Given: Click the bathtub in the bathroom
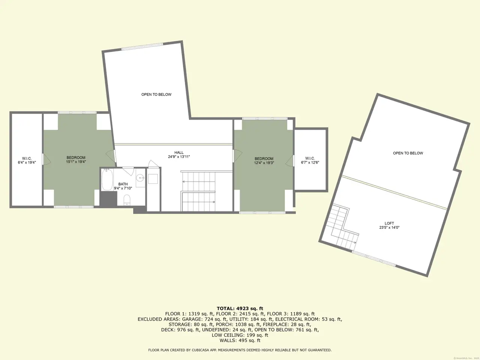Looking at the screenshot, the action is click(x=107, y=180).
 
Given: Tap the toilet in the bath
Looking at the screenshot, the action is click(x=127, y=200).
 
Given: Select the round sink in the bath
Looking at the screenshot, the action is click(x=139, y=178).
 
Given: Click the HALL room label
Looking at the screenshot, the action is click(x=179, y=153).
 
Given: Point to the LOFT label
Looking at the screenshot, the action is click(x=389, y=223).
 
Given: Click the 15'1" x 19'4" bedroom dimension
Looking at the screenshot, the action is click(x=76, y=162).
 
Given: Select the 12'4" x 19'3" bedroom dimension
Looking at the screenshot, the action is click(x=264, y=163).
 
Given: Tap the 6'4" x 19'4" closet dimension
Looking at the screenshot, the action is click(x=27, y=162).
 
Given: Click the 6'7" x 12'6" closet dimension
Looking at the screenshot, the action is click(x=310, y=162).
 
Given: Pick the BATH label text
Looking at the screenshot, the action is click(x=123, y=184).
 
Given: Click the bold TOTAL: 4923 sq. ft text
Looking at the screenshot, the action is click(x=240, y=309).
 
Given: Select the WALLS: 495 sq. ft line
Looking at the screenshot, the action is click(x=240, y=340).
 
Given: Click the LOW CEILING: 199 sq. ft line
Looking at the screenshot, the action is click(x=240, y=335).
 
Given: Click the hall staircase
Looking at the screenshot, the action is click(x=198, y=191).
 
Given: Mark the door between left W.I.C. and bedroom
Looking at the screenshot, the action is click(x=46, y=159).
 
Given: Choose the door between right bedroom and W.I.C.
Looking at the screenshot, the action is click(x=289, y=160).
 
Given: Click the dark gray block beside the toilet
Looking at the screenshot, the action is click(x=108, y=199).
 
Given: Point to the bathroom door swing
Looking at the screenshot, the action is click(x=128, y=171).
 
